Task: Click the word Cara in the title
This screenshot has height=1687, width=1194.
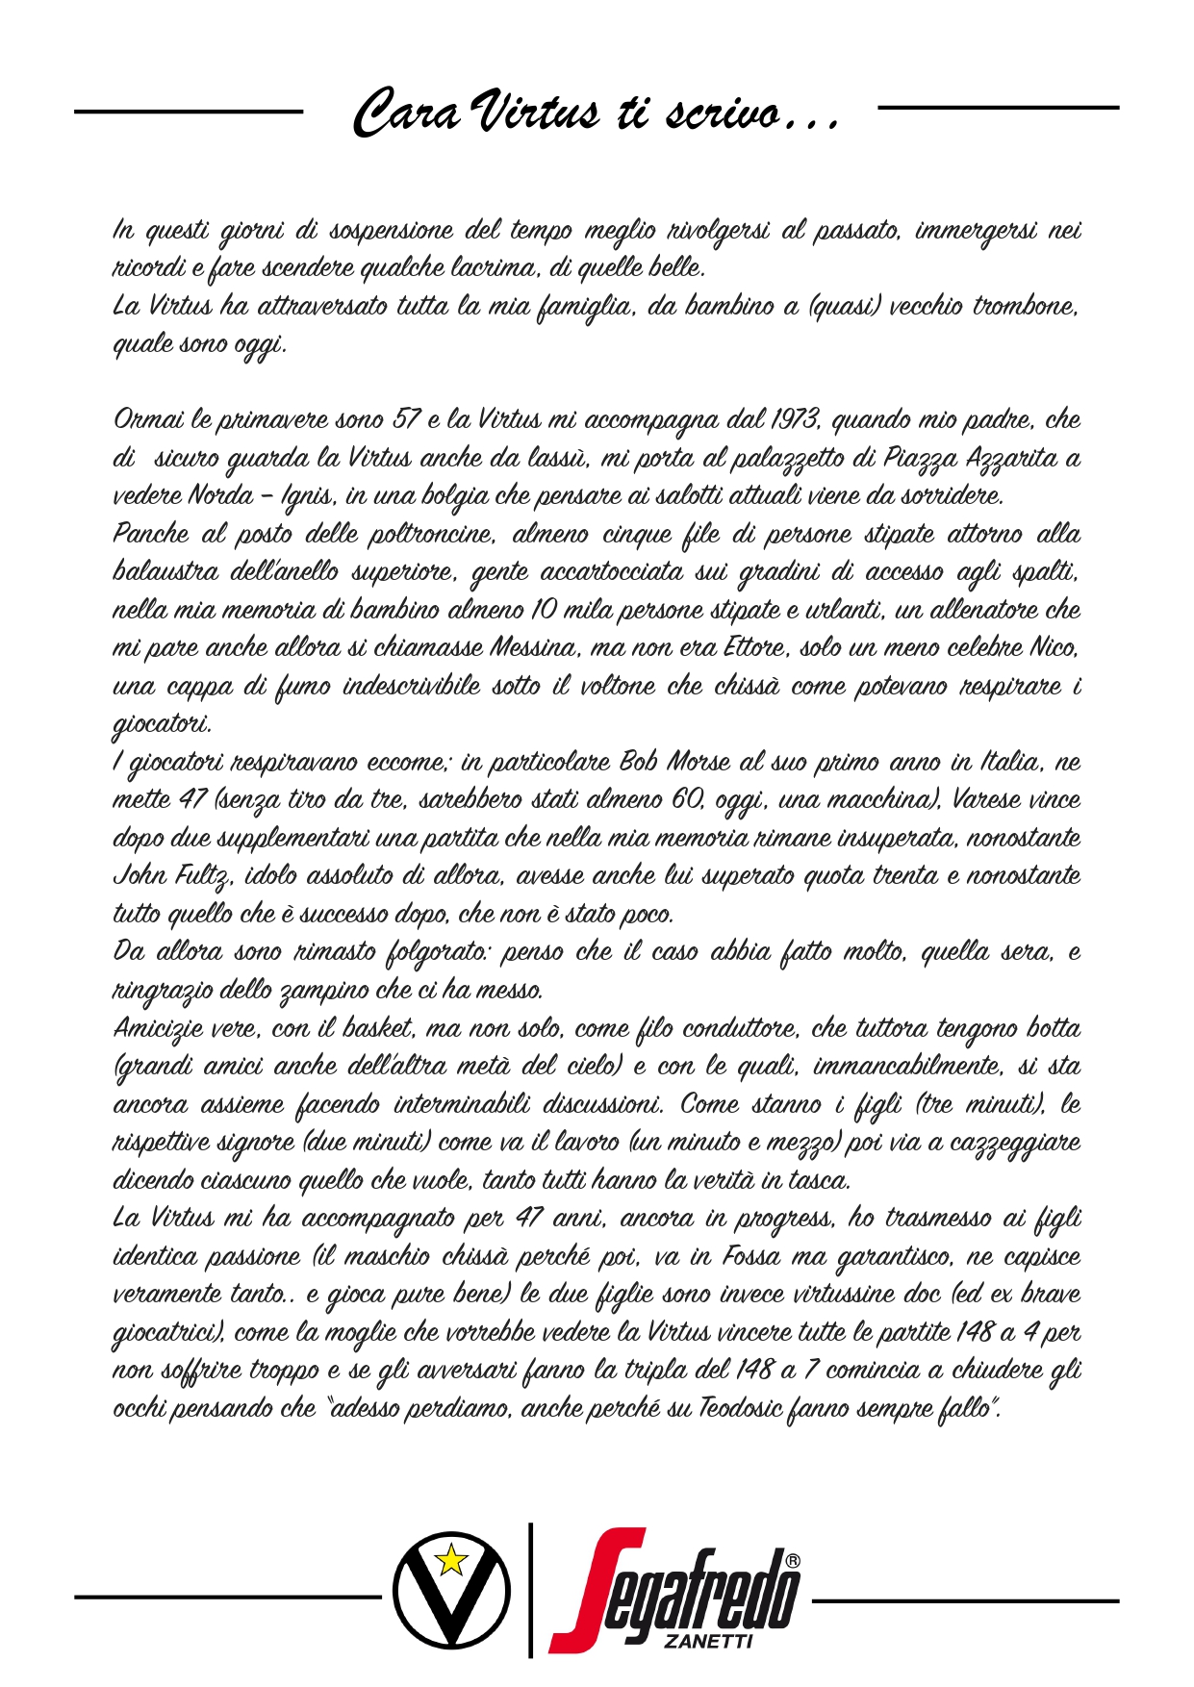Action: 406,113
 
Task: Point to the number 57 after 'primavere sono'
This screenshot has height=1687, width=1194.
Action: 403,420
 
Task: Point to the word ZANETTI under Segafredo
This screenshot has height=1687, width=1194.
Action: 708,1643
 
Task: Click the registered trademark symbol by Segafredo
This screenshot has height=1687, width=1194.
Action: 792,1560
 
